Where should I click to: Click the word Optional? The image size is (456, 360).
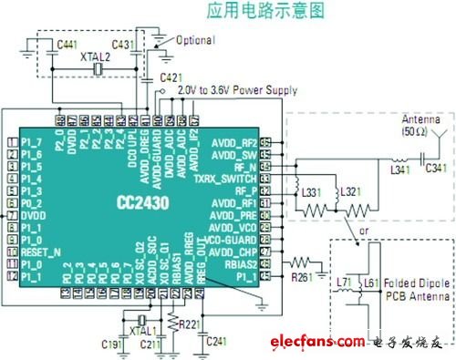click(x=195, y=41)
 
